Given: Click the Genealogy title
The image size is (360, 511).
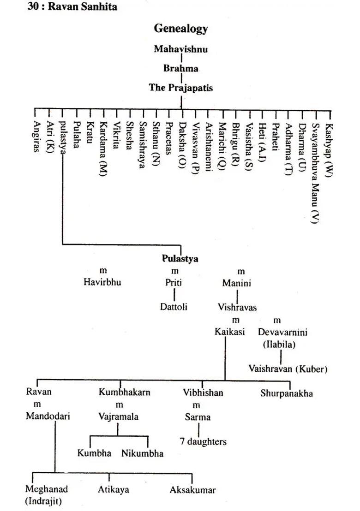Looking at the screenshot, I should pyautogui.click(x=180, y=29).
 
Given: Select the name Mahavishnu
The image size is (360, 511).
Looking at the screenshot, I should pyautogui.click(x=180, y=49).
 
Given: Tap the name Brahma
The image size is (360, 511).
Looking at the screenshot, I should pyautogui.click(x=180, y=68).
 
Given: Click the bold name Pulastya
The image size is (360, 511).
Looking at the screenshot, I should pyautogui.click(x=180, y=259).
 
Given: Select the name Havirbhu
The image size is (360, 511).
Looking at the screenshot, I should pyautogui.click(x=102, y=282).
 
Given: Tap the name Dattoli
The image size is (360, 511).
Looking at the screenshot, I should pyautogui.click(x=174, y=306).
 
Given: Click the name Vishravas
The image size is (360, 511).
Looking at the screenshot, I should pyautogui.click(x=237, y=307).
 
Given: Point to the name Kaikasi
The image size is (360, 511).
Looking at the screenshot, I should pyautogui.click(x=229, y=332).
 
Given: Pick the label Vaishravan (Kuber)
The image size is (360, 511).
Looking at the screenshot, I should pyautogui.click(x=288, y=368).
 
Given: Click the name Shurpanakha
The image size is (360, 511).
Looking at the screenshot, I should pyautogui.click(x=286, y=393).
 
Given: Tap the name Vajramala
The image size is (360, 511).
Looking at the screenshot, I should pyautogui.click(x=118, y=416).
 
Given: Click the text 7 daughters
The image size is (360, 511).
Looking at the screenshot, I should pyautogui.click(x=203, y=441).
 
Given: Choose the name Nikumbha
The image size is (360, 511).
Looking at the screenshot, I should pyautogui.click(x=142, y=453).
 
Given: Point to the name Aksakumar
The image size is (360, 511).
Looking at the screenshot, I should pyautogui.click(x=192, y=490).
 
